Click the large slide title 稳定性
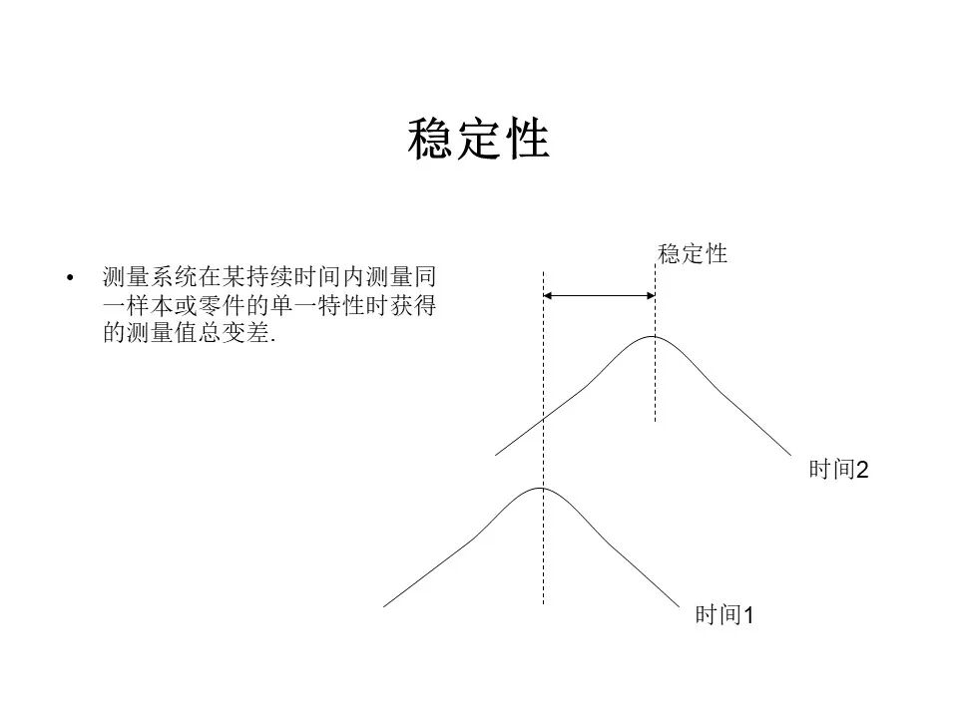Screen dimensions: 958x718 [x=478, y=140]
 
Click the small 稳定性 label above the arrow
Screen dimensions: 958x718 [x=693, y=254]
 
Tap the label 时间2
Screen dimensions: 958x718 [x=838, y=470]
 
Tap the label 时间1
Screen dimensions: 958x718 [x=724, y=615]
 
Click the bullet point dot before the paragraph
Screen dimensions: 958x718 [x=70, y=278]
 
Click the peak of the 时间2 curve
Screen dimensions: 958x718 [x=653, y=336]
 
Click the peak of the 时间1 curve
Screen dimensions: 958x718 [x=541, y=488]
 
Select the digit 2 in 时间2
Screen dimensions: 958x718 [x=862, y=470]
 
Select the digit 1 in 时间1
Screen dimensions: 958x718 [x=748, y=615]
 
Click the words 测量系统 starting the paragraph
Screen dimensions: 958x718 [x=150, y=277]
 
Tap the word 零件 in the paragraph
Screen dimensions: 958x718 [x=222, y=305]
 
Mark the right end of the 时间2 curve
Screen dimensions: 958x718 [x=791, y=456]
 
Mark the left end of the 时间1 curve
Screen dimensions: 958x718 [x=383, y=607]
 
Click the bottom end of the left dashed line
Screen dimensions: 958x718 [x=543, y=604]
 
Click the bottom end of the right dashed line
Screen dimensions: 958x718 [x=655, y=421]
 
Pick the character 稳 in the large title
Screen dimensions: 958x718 [x=431, y=140]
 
